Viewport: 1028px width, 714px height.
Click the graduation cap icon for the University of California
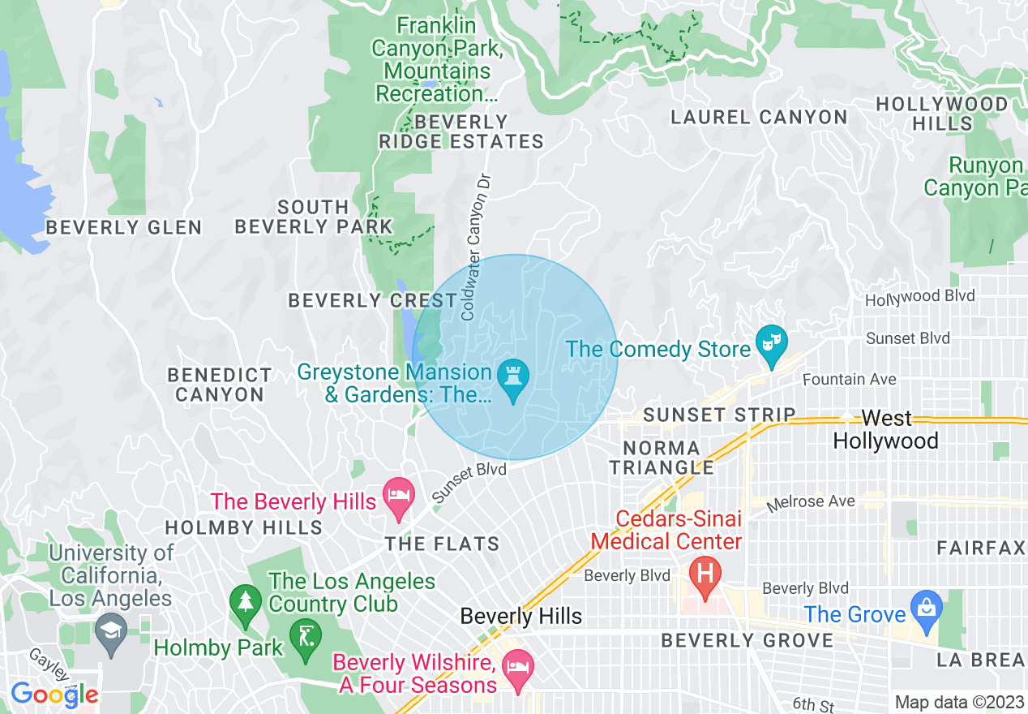pyautogui.click(x=110, y=633)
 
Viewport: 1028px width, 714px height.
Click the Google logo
pyautogui.click(x=54, y=695)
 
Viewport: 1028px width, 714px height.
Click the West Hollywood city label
pyautogui.click(x=885, y=430)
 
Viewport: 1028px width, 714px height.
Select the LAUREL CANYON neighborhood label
pyautogui.click(x=759, y=118)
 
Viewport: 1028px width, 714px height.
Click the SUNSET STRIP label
pyautogui.click(x=719, y=415)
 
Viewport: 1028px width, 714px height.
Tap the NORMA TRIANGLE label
pyautogui.click(x=662, y=458)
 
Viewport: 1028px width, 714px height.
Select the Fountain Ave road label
pyautogui.click(x=849, y=380)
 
